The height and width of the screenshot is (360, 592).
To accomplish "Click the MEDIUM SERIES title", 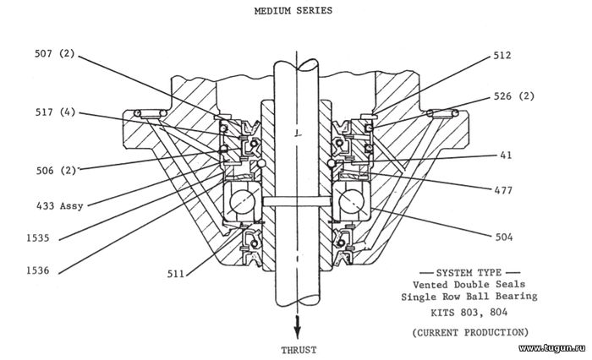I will [x=293, y=11].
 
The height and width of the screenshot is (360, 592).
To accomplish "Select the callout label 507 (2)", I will [x=55, y=54].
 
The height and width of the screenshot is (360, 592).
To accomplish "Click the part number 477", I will [x=503, y=191].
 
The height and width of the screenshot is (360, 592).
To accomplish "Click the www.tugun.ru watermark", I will [x=553, y=349].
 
